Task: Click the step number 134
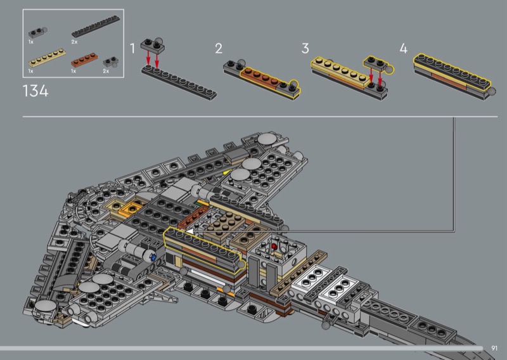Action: tap(35, 91)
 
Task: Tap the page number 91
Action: tap(494, 348)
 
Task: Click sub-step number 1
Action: tap(132, 49)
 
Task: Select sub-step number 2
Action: tap(219, 49)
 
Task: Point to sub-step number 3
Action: tap(305, 49)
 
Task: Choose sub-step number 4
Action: tap(404, 49)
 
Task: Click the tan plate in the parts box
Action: tap(47, 58)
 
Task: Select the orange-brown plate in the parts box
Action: tap(84, 60)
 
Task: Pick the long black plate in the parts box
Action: tap(96, 27)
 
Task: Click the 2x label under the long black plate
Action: tap(74, 42)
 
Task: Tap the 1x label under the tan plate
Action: tap(30, 71)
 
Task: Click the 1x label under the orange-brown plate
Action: tap(74, 71)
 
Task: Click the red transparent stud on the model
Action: tap(274, 247)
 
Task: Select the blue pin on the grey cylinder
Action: tap(153, 257)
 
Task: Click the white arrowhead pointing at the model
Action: tap(189, 231)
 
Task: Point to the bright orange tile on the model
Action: tap(131, 210)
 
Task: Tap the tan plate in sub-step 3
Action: tap(340, 72)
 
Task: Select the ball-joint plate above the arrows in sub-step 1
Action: tap(153, 45)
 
